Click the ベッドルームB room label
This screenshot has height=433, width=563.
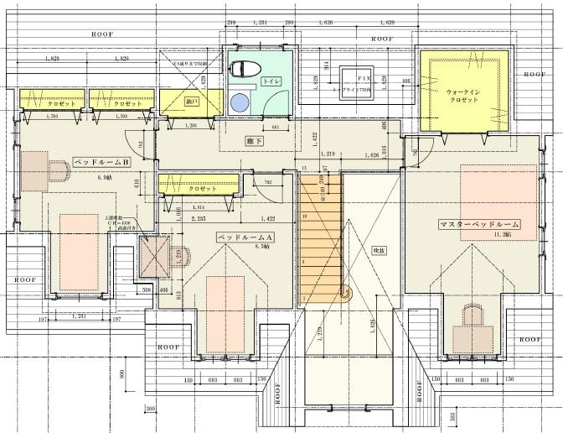click(x=101, y=162)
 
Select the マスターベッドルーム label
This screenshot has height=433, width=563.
click(x=478, y=225)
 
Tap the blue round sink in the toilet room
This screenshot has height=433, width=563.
click(x=240, y=102)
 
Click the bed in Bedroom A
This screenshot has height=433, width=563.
click(x=227, y=305)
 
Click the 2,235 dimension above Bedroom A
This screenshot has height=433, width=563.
click(x=199, y=218)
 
